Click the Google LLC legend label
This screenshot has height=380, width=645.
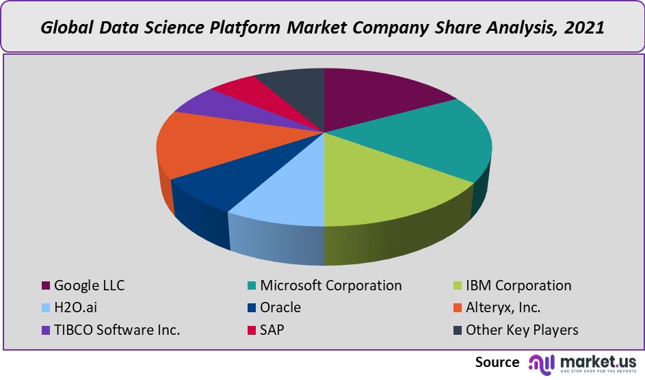89,286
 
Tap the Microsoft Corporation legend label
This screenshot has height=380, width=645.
330,286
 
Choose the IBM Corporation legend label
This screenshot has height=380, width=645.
518,286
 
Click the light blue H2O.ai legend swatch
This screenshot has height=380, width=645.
47,308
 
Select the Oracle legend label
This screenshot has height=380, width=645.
280,307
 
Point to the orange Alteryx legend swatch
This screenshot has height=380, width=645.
457,308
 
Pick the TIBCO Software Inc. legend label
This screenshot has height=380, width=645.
117,330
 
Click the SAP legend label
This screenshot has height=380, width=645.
272,330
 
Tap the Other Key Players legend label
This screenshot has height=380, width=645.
522,330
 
